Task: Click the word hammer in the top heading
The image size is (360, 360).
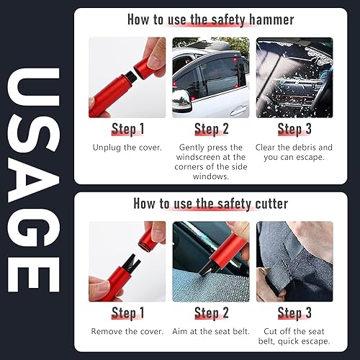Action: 271,19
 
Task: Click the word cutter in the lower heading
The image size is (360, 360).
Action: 271,204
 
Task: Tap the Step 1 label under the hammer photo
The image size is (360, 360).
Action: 128,129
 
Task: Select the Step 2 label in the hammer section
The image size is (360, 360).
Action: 212,129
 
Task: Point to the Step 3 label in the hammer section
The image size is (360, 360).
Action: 294,129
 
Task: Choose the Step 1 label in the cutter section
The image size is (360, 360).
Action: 128,313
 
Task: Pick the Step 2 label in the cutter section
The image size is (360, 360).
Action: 212,313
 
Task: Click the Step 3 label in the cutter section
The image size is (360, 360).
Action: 294,313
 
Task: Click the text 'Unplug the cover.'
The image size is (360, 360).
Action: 127,148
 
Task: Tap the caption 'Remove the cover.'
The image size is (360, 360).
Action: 127,331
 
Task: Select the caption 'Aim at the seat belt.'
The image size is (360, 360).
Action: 211,331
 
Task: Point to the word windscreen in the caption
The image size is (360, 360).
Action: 198,157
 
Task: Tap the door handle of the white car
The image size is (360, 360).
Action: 239,110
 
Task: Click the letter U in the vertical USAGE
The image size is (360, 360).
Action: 34,87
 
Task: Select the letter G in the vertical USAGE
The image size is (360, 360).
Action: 34,229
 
